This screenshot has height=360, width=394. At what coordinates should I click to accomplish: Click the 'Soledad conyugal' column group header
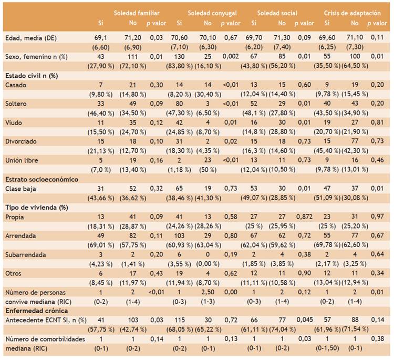pyautogui.click(x=212, y=13)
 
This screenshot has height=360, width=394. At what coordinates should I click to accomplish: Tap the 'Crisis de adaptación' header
pyautogui.click(x=352, y=13)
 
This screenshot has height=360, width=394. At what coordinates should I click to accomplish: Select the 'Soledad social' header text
pyautogui.click(x=277, y=13)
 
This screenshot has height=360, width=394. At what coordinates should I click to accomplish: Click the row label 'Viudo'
pyautogui.click(x=14, y=122)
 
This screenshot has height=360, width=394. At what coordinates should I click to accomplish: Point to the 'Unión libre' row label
pyautogui.click(x=22, y=160)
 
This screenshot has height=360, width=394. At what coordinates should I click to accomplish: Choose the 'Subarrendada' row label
pyautogui.click(x=26, y=255)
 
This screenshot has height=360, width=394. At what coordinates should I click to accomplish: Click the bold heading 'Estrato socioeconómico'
pyautogui.click(x=42, y=179)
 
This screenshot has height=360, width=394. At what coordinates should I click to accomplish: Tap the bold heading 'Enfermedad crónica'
pyautogui.click(x=37, y=311)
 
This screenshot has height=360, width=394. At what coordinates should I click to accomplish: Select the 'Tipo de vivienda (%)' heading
pyautogui.click(x=37, y=208)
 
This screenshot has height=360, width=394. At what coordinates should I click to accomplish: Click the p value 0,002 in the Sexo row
pyautogui.click(x=231, y=56)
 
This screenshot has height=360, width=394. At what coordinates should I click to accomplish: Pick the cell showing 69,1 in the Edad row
pyautogui.click(x=101, y=38)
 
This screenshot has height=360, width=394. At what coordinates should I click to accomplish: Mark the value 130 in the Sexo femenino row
pyautogui.click(x=179, y=57)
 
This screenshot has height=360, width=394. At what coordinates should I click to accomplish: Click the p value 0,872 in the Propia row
pyautogui.click(x=304, y=217)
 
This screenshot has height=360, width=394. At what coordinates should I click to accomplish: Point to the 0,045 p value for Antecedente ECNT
pyautogui.click(x=305, y=320)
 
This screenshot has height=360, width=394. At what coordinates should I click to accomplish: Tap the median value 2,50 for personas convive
pyautogui.click(x=208, y=292)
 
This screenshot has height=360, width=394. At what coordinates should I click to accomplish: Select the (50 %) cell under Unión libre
pyautogui.click(x=208, y=170)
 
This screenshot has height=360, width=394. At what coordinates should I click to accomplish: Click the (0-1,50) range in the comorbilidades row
pyautogui.click(x=327, y=348)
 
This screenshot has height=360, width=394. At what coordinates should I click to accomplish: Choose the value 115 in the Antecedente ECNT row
pyautogui.click(x=179, y=320)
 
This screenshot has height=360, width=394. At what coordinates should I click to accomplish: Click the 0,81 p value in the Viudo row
pyautogui.click(x=377, y=122)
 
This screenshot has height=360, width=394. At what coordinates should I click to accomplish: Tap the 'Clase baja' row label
pyautogui.click(x=20, y=189)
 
